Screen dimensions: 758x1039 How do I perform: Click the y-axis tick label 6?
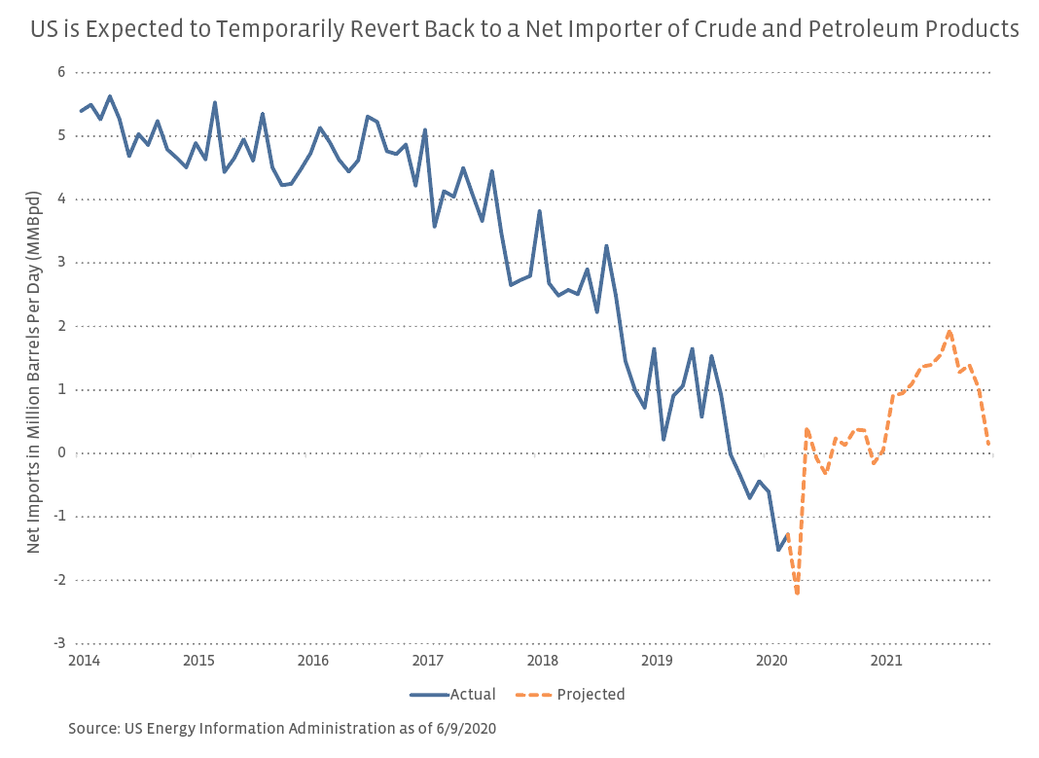[x=60, y=72]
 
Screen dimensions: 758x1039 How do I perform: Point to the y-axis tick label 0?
[x=60, y=452]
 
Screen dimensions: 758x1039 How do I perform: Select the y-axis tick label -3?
[x=58, y=643]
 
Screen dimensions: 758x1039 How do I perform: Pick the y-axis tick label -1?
[x=58, y=517]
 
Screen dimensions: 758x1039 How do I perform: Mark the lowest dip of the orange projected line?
[x=797, y=593]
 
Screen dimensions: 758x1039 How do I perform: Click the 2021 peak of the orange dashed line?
[x=949, y=332]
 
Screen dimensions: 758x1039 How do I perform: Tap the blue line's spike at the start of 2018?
[x=539, y=211]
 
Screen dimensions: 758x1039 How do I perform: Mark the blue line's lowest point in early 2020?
[x=778, y=550]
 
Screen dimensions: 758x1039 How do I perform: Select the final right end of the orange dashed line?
[x=988, y=445]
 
